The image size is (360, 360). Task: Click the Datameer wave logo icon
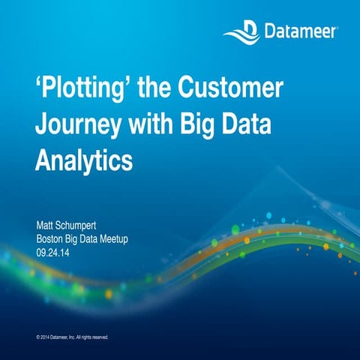(x=241, y=31)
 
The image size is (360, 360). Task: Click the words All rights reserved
(x=94, y=337)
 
